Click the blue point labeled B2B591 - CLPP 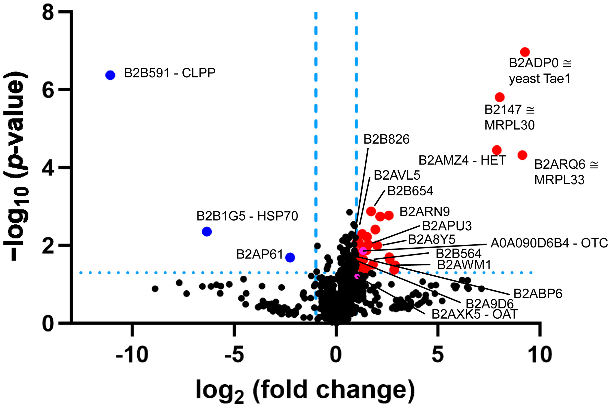[x=110, y=75]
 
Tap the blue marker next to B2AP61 [x=290, y=257]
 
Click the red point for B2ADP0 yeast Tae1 [x=525, y=52]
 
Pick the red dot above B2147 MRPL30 [x=500, y=97]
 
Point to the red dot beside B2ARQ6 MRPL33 [x=522, y=155]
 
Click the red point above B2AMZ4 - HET [x=497, y=150]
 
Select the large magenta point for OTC [x=363, y=251]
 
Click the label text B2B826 [x=386, y=139]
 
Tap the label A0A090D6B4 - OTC [x=549, y=243]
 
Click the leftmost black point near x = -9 [x=155, y=289]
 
